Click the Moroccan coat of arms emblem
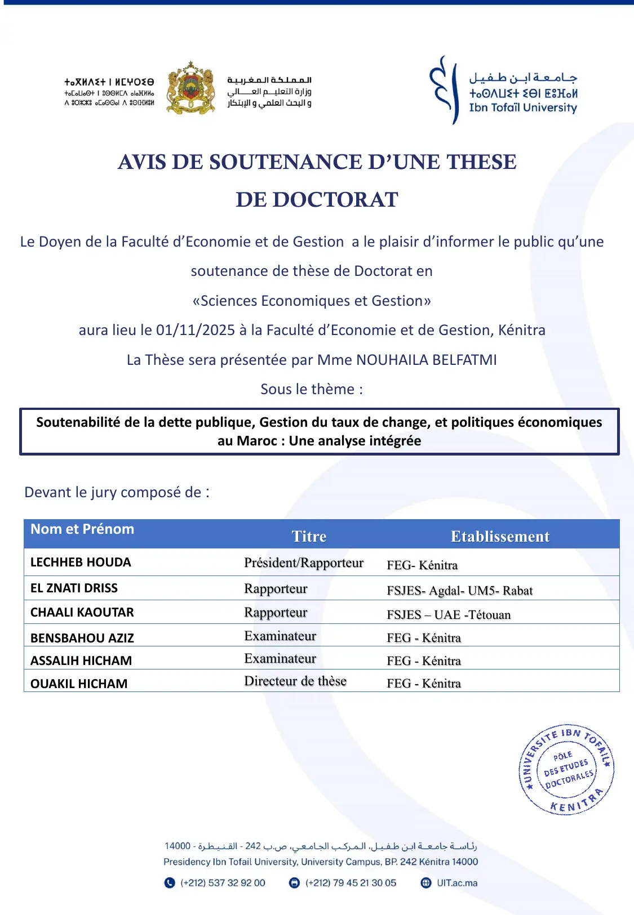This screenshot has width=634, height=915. click(191, 88)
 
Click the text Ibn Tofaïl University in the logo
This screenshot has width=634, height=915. click(523, 108)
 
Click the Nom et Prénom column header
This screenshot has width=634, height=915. click(82, 529)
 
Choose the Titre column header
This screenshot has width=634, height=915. click(309, 536)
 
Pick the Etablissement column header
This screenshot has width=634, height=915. click(500, 536)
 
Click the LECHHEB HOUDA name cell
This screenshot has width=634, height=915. click(81, 562)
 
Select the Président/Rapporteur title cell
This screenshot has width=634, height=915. click(304, 563)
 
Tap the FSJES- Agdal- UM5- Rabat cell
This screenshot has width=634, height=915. click(459, 590)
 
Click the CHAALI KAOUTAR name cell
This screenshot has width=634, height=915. click(82, 612)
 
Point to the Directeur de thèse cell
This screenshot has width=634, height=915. click(295, 681)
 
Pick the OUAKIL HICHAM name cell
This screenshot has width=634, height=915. click(79, 684)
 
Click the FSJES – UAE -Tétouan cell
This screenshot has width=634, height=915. click(449, 614)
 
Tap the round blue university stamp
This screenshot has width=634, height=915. click(566, 769)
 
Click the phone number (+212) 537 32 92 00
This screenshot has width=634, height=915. click(223, 883)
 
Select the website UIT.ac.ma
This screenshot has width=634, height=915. click(457, 883)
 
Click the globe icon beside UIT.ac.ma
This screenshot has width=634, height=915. click(426, 883)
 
